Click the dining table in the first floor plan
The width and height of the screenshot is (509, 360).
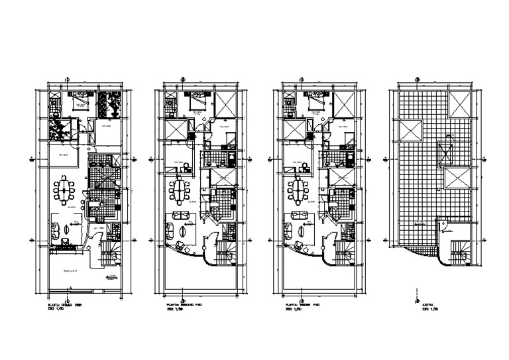click(x=64, y=192)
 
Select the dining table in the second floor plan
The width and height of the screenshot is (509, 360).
click(x=181, y=192)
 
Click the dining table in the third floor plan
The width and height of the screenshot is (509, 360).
click(x=298, y=192)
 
